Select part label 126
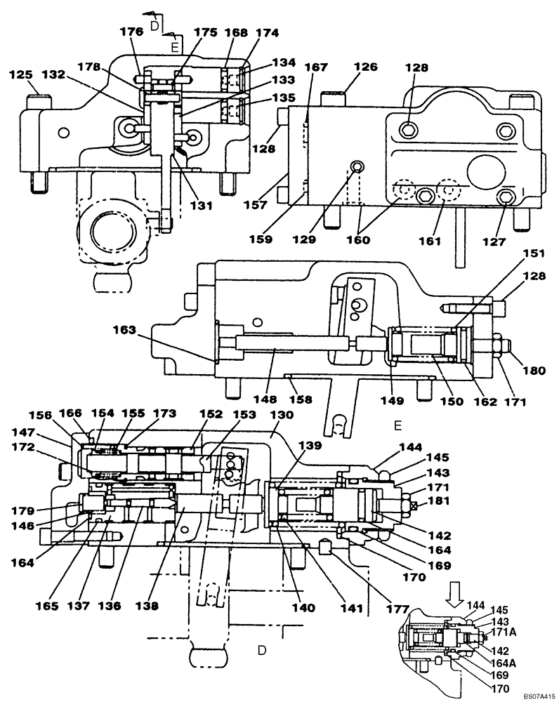[x=366, y=67]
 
